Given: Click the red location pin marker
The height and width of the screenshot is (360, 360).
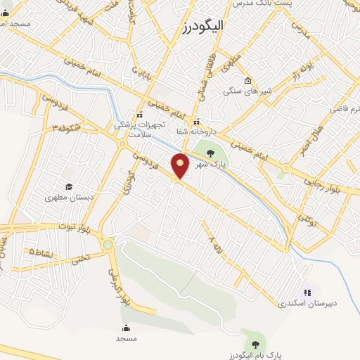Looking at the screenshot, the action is (x=181, y=165).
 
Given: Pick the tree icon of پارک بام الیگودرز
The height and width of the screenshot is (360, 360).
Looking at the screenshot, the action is (x=254, y=344).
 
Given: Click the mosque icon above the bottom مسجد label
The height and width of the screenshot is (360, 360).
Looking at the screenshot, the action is (x=127, y=327).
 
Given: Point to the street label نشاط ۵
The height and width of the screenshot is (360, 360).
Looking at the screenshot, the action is (x=39, y=251).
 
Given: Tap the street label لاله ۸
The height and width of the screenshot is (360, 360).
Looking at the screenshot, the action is (x=212, y=245).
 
